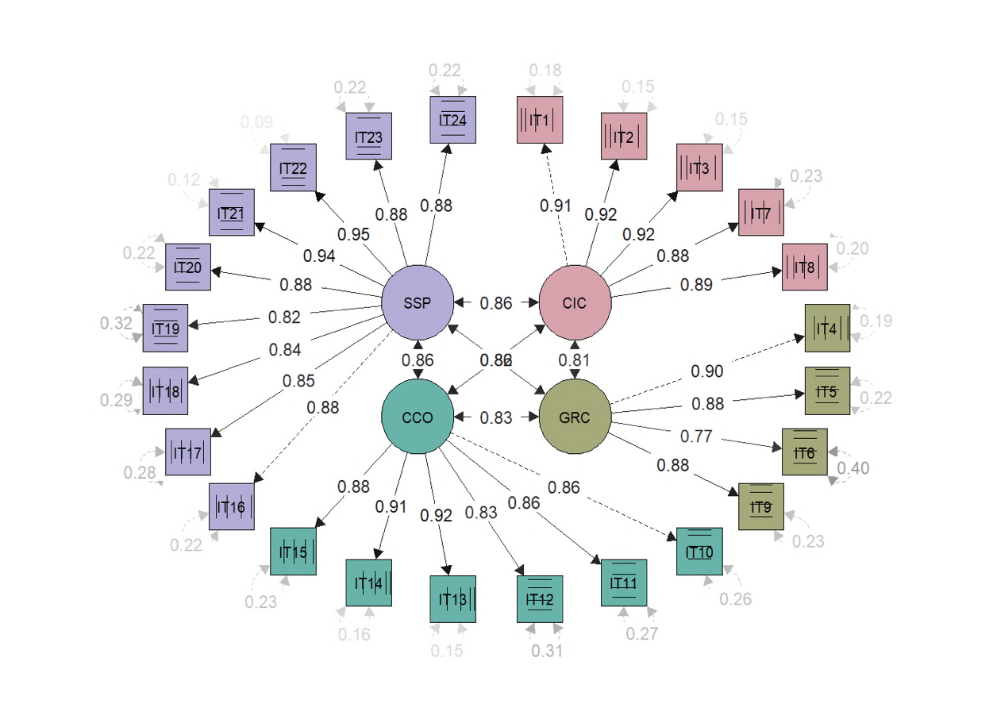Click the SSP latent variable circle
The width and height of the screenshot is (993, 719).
tap(418, 302)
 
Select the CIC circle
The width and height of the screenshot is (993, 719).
tap(575, 302)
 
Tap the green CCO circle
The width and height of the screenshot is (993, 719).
tap(418, 417)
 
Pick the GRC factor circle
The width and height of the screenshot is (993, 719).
tap(575, 417)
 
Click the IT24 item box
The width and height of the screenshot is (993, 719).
tap(452, 120)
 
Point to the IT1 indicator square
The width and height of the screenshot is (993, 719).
tap(540, 120)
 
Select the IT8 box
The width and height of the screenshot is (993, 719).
tap(805, 267)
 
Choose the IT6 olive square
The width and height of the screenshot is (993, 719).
tap(805, 452)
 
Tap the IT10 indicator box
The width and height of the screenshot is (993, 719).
tap(699, 552)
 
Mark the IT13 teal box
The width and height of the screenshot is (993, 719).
tap(452, 599)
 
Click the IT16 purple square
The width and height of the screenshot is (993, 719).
tap(232, 506)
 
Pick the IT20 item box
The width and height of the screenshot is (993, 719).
tap(187, 267)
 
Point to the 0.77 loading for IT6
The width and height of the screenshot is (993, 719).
tap(696, 436)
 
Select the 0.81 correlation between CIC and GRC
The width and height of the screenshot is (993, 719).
tap(575, 360)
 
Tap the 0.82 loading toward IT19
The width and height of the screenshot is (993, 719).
tap(285, 317)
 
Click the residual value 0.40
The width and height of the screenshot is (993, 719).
tap(853, 468)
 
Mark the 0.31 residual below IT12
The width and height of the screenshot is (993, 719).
tap(547, 651)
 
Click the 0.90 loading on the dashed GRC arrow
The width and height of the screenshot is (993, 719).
tap(706, 371)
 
